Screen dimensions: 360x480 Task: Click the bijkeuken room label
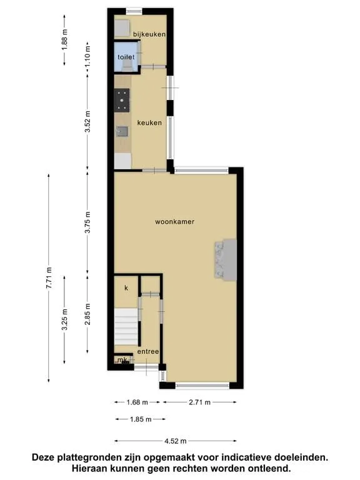pos(149,34)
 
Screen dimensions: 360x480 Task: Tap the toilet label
pos(126,57)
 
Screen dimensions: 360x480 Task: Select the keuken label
pos(149,122)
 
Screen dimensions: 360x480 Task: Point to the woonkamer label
pos(174,222)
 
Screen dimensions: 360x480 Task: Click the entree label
pos(148,351)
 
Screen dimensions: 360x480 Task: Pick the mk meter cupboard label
pos(122,359)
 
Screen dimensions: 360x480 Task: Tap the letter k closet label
pos(126,288)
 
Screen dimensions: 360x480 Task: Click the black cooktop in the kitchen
pos(122,100)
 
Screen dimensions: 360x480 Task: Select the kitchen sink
pos(122,132)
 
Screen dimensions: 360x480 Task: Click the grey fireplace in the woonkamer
pos(226,259)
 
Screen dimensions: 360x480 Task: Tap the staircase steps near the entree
pos(126,327)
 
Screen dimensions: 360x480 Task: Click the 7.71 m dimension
pos(49,278)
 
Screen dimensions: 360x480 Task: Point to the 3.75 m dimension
pos(88,222)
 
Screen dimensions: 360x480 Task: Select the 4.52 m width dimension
pos(176,441)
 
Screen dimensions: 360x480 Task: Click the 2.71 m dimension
pos(199,402)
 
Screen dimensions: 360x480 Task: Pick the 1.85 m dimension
pos(141,419)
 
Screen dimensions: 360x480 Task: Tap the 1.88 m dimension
pos(64,40)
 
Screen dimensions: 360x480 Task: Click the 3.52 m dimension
pos(88,121)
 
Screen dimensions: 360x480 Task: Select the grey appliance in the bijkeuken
pos(122,29)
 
